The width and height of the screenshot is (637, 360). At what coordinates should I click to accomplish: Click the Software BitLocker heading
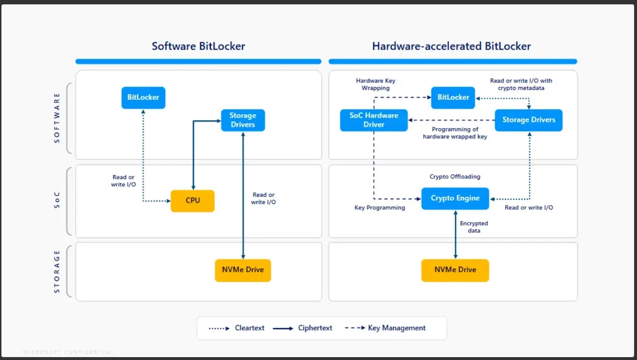198,46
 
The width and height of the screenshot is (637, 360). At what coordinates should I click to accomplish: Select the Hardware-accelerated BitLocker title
451,46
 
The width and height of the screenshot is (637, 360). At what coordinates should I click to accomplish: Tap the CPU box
192,201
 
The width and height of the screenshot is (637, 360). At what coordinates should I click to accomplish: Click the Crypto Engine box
455,198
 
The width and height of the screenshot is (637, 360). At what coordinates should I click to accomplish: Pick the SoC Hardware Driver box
374,120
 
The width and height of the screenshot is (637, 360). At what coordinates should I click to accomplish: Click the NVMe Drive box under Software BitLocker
242,270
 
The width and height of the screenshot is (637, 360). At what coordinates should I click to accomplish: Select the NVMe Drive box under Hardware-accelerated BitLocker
455,270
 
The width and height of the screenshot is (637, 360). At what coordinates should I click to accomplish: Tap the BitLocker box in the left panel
143,97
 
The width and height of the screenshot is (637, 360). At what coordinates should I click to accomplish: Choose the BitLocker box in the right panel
453,97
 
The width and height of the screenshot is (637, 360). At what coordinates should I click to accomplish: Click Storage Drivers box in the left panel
242,120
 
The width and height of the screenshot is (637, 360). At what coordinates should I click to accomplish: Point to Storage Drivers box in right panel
528,120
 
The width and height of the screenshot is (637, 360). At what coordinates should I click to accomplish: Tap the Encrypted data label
474,227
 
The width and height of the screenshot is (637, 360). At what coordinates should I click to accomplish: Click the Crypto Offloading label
455,177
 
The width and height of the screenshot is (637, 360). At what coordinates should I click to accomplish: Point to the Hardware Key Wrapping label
372,85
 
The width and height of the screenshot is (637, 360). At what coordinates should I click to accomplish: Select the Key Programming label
379,207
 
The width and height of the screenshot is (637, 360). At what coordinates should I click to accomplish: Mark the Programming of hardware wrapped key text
455,133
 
